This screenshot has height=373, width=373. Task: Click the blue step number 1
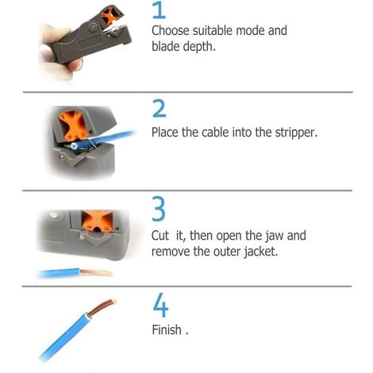point(160,10)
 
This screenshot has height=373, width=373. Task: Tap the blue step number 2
point(160,108)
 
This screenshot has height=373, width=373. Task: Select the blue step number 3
point(159,209)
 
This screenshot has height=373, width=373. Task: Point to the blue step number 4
point(160,305)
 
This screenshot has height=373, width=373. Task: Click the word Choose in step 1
point(171,31)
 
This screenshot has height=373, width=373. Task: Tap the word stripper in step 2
point(296,133)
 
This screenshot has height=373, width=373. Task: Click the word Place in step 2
point(165,133)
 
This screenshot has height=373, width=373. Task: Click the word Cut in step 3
point(160,236)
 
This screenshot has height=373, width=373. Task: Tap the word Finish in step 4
point(167,330)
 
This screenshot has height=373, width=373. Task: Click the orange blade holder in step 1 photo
point(110,16)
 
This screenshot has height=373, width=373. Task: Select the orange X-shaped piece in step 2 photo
point(74,125)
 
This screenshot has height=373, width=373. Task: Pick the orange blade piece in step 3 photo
point(97,221)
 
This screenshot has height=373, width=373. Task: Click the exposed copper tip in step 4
point(102,307)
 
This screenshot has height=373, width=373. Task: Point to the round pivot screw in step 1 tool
point(93,27)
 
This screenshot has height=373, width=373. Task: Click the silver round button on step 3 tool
point(53,215)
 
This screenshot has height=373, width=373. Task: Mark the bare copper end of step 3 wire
point(97,272)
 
